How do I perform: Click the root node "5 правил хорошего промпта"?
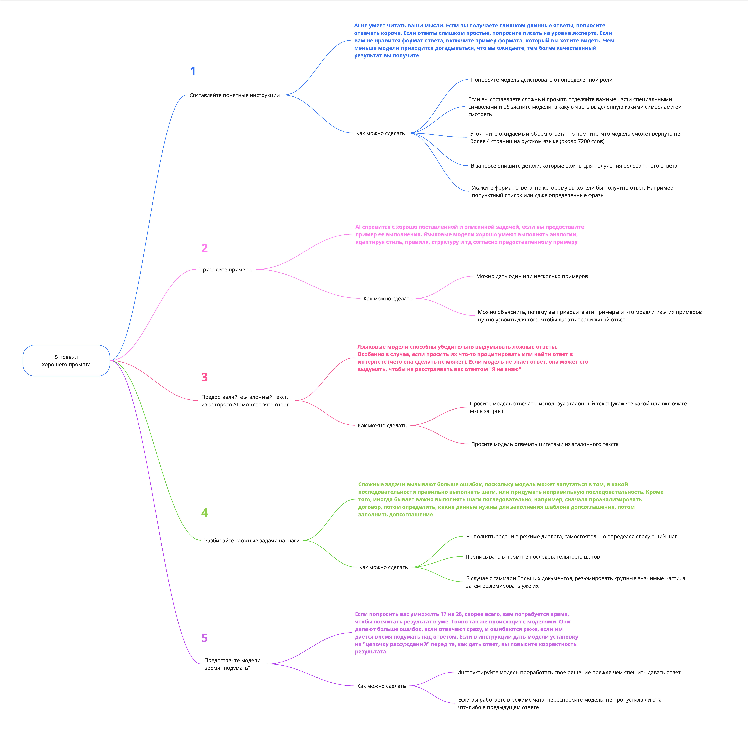tap(66, 361)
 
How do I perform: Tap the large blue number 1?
tap(193, 71)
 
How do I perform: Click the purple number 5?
tap(205, 638)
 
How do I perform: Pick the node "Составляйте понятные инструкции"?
tap(234, 95)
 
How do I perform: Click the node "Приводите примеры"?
tap(225, 269)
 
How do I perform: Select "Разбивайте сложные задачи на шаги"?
tap(252, 540)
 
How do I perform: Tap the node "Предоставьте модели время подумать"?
tap(232, 664)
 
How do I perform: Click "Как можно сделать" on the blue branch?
tap(380, 133)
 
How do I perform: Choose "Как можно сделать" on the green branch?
tap(383, 567)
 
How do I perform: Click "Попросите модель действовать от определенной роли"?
tap(541, 80)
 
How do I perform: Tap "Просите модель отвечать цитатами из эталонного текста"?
tap(544, 444)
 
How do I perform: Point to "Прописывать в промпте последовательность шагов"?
tap(532, 557)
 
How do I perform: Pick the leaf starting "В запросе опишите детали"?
tap(574, 166)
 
